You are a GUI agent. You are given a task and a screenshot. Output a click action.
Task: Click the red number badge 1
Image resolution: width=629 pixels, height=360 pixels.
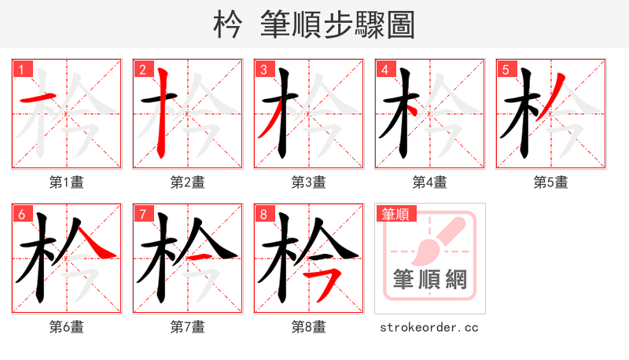[21, 69]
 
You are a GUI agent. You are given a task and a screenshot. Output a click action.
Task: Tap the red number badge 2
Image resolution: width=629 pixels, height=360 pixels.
[142, 69]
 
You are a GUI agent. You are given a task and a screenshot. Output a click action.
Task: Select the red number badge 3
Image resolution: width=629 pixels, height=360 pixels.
[263, 69]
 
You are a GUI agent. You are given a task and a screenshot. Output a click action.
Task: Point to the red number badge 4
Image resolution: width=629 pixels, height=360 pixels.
[384, 69]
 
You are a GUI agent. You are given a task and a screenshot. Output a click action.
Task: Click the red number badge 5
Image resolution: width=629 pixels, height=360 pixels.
[506, 69]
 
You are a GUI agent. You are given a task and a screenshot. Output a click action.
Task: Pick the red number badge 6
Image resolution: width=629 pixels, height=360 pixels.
[21, 214]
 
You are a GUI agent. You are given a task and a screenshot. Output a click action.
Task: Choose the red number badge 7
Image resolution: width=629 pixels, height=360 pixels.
[142, 214]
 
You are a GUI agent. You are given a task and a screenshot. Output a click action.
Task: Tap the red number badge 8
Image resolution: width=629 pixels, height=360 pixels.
[263, 214]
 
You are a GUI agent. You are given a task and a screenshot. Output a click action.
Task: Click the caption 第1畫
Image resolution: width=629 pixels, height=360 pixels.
[67, 182]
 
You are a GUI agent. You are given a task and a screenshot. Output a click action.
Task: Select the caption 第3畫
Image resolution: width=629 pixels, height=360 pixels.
[309, 182]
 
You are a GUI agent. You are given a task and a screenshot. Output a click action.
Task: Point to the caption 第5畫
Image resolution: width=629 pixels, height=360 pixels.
[551, 182]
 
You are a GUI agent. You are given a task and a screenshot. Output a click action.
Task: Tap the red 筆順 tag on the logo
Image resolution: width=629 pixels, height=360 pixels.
[395, 213]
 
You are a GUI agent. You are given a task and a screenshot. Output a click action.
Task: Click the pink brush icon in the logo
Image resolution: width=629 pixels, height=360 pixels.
[431, 240]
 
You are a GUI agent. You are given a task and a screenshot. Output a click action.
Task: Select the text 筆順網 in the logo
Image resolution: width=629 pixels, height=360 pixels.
[430, 279]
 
